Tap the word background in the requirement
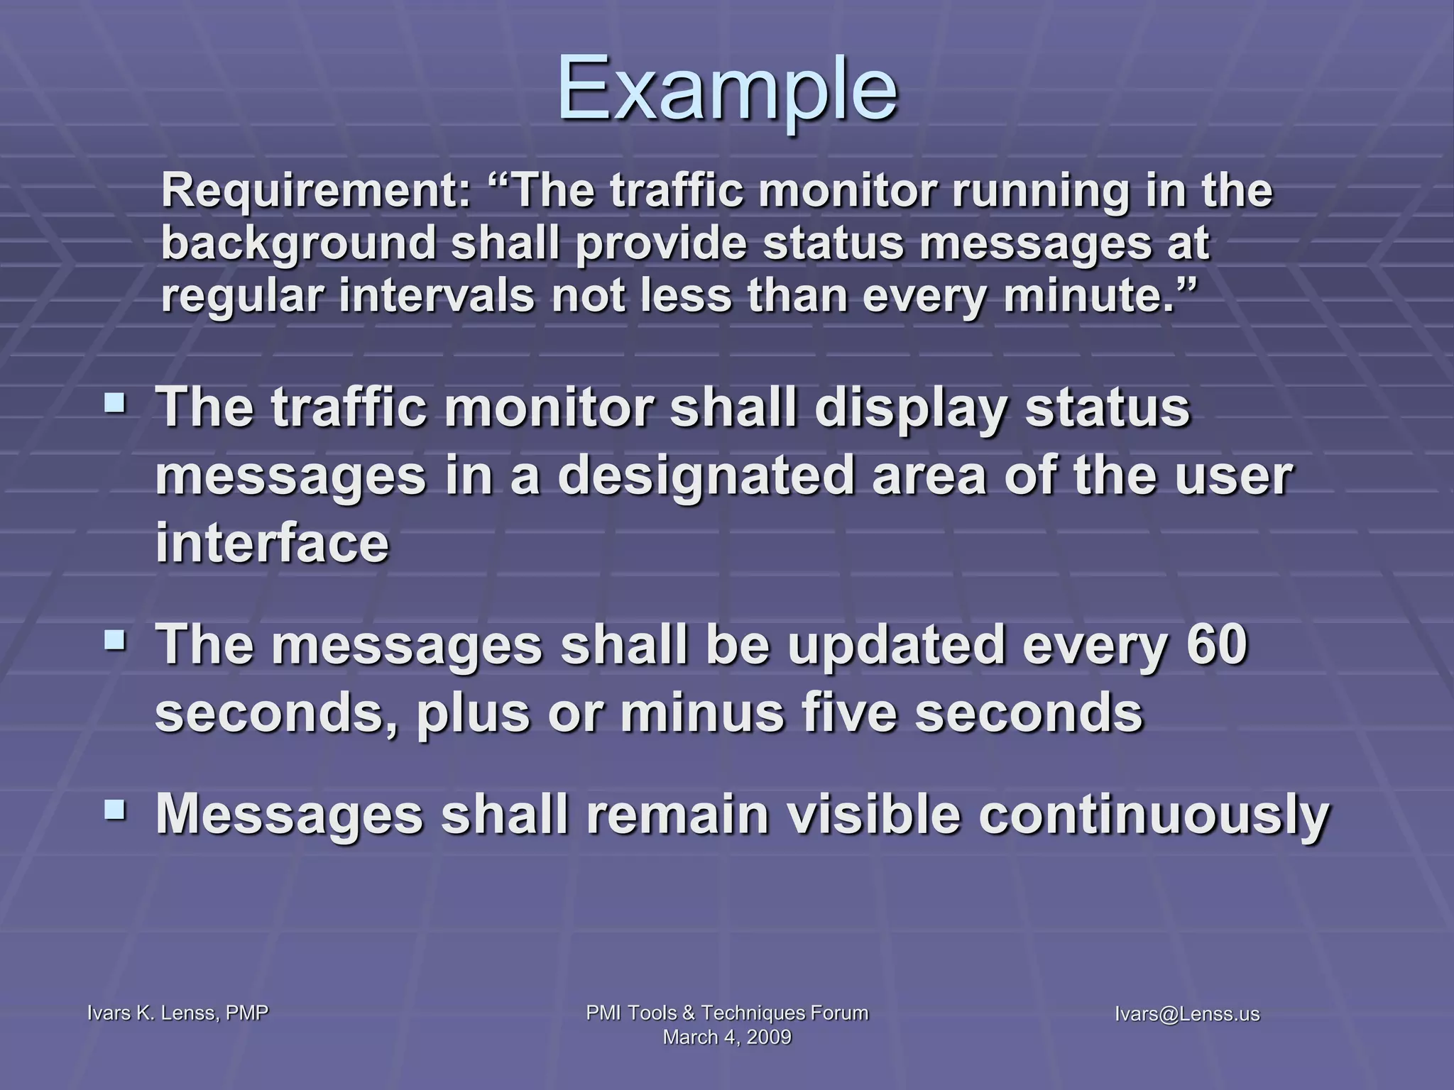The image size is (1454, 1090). point(299,244)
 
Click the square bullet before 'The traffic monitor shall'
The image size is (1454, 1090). point(114,404)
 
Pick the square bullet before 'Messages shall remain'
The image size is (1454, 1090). point(114,809)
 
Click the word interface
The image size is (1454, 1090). point(273,544)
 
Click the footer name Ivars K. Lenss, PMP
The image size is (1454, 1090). point(177,1013)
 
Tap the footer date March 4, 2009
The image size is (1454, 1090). point(727,1037)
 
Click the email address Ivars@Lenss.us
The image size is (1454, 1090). point(1187,1013)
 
